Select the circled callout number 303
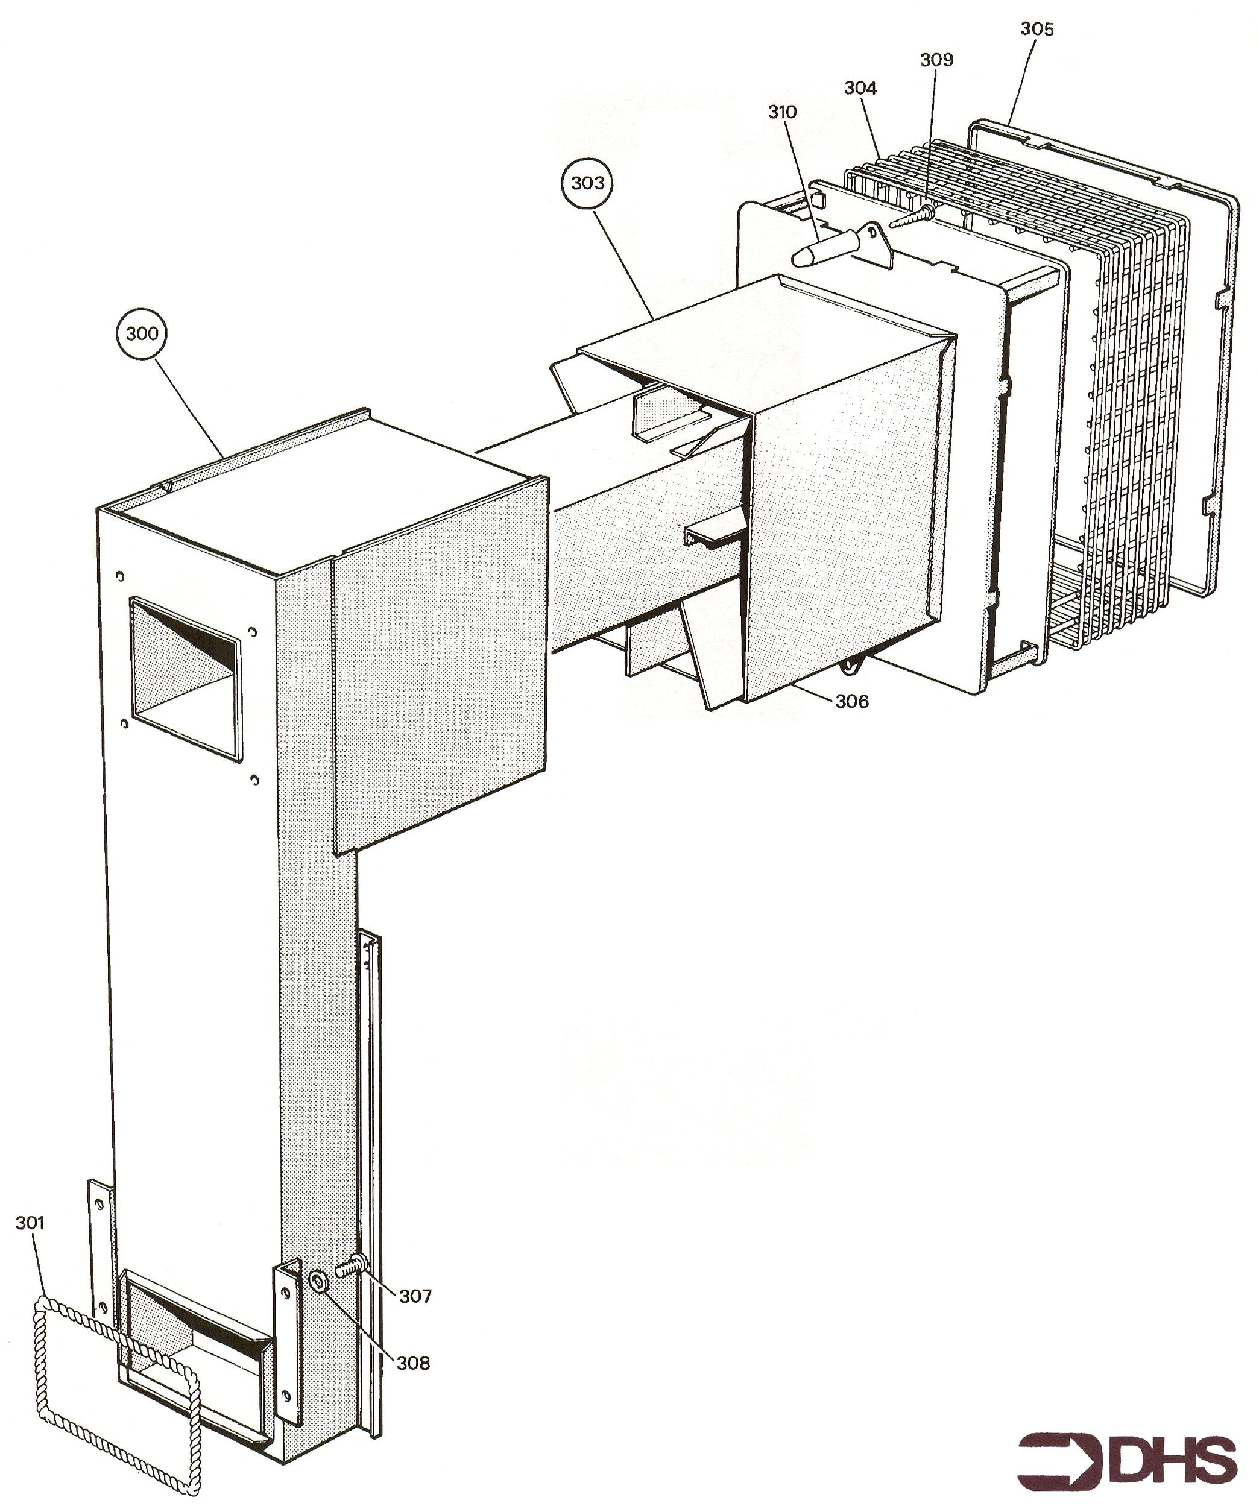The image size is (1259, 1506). [587, 183]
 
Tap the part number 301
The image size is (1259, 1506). [30, 1222]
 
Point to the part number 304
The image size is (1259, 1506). [860, 87]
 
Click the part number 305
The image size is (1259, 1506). [1037, 29]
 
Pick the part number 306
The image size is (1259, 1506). [851, 701]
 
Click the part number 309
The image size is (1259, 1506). [937, 60]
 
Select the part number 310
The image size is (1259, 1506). [782, 112]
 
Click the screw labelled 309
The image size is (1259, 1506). [912, 216]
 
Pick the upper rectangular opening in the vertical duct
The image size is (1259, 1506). [185, 679]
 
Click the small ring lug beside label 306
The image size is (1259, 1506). [852, 666]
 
